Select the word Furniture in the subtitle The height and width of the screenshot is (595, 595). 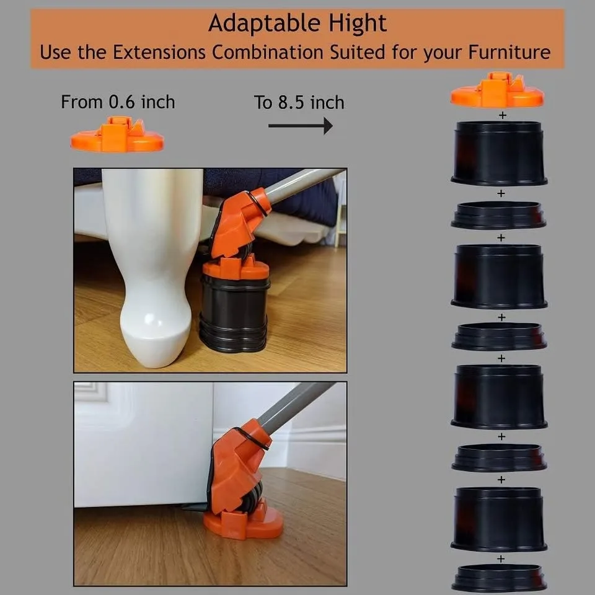(505, 51)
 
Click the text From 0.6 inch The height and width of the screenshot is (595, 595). (118, 102)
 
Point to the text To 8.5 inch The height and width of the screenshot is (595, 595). (299, 102)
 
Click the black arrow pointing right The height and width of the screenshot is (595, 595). (301, 126)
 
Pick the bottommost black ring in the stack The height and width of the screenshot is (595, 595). (499, 578)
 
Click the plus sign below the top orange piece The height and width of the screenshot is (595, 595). (502, 115)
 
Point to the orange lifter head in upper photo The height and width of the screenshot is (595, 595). (239, 220)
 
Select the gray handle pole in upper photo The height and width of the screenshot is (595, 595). (304, 183)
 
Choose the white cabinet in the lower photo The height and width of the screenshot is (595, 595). (143, 446)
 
